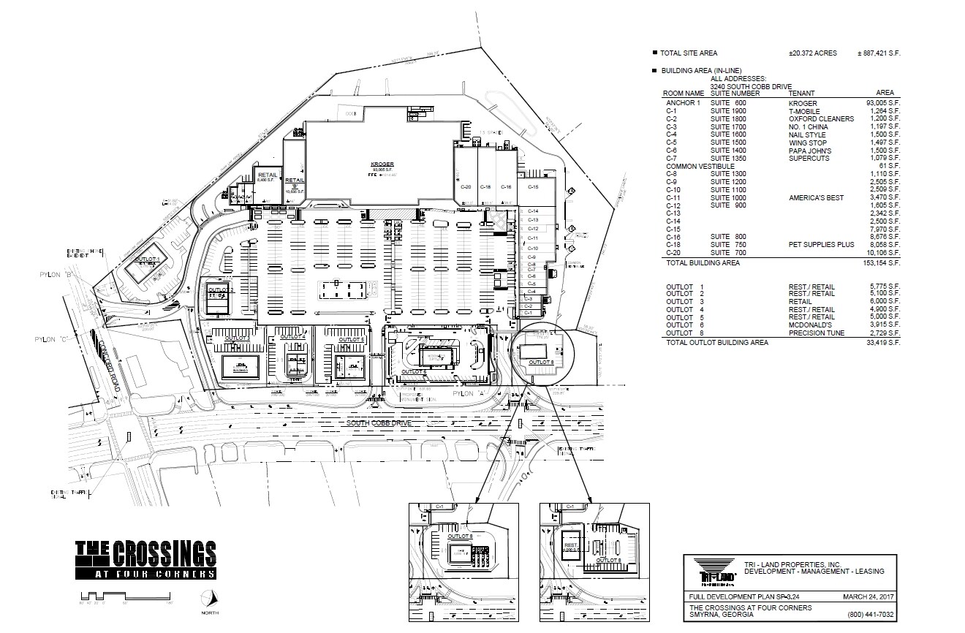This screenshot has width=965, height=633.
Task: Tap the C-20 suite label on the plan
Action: [465, 187]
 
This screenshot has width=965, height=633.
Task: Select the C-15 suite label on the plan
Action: [533, 187]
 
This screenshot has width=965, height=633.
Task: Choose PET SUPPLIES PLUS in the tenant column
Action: [821, 245]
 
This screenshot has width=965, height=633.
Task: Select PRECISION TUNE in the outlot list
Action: [816, 333]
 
